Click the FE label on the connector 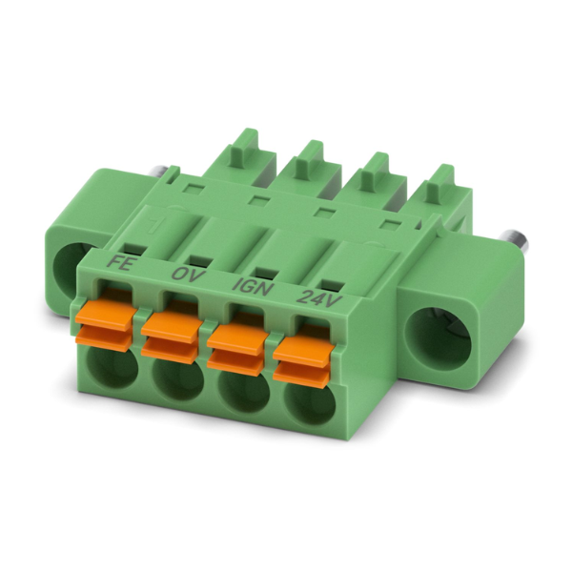tap(120, 263)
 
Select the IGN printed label tap(253, 287)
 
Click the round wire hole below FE tap(112, 370)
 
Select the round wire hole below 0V tap(177, 382)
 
